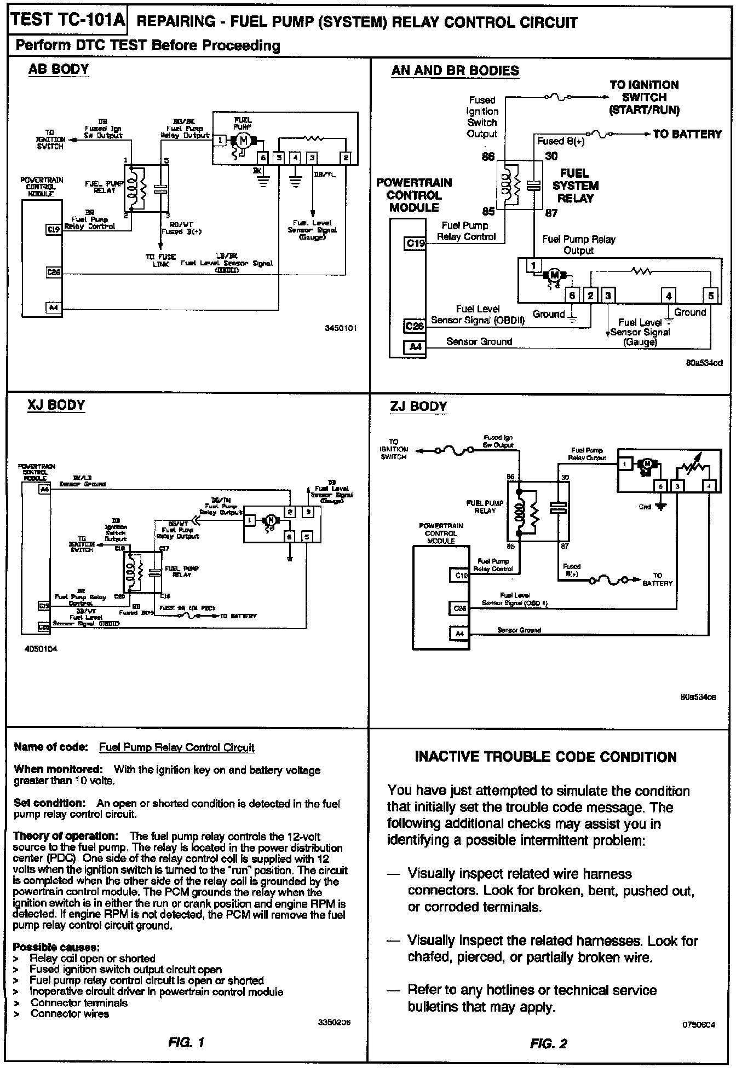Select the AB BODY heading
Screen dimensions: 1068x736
(x=59, y=69)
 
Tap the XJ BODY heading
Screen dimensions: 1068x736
(x=56, y=405)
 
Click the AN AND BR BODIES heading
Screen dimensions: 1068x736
(x=455, y=71)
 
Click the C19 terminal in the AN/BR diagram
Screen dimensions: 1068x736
(x=415, y=243)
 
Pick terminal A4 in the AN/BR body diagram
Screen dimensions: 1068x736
(x=415, y=346)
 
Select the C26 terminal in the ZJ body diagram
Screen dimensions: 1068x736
(x=459, y=608)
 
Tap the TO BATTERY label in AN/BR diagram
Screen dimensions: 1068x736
(x=687, y=134)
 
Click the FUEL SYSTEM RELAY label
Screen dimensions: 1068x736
(x=575, y=185)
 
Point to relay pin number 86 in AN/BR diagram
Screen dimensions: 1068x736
(x=488, y=157)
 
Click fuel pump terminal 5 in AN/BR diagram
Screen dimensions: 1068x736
(x=711, y=296)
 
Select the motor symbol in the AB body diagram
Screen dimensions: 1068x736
(x=243, y=141)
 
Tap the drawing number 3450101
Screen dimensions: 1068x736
(x=340, y=328)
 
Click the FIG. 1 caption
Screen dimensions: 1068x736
(x=186, y=1042)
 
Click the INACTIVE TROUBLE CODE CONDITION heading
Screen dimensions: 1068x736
(x=545, y=757)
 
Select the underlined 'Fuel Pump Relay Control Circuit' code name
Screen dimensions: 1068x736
(x=176, y=747)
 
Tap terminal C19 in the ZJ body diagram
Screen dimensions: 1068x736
(x=459, y=576)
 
